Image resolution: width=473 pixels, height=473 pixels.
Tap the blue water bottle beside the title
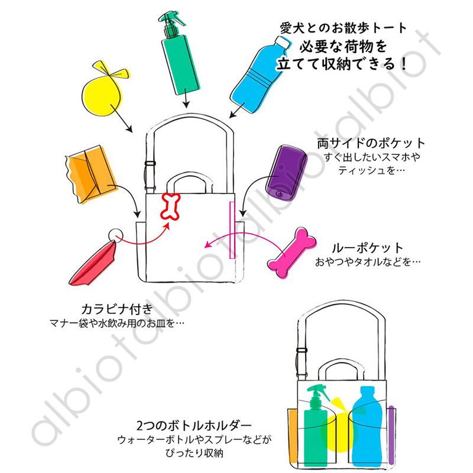(259, 76)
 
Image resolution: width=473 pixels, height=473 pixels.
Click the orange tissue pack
(90, 174)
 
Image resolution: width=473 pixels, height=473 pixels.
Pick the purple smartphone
(286, 173)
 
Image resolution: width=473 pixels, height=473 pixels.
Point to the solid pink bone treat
(291, 253)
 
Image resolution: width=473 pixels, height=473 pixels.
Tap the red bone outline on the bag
(170, 206)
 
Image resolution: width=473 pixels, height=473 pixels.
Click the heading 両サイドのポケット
(371, 143)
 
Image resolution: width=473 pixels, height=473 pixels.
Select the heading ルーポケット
(367, 248)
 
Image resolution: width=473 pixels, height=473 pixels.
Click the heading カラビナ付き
(117, 309)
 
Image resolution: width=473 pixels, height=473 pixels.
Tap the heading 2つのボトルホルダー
(194, 425)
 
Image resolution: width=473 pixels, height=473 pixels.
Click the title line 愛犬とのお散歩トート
(344, 28)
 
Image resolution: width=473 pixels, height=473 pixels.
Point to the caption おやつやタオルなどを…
(368, 262)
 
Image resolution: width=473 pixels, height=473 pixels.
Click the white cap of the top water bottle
(283, 43)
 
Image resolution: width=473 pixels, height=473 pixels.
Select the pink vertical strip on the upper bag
(232, 230)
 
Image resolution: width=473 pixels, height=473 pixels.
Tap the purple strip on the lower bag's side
(391, 435)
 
